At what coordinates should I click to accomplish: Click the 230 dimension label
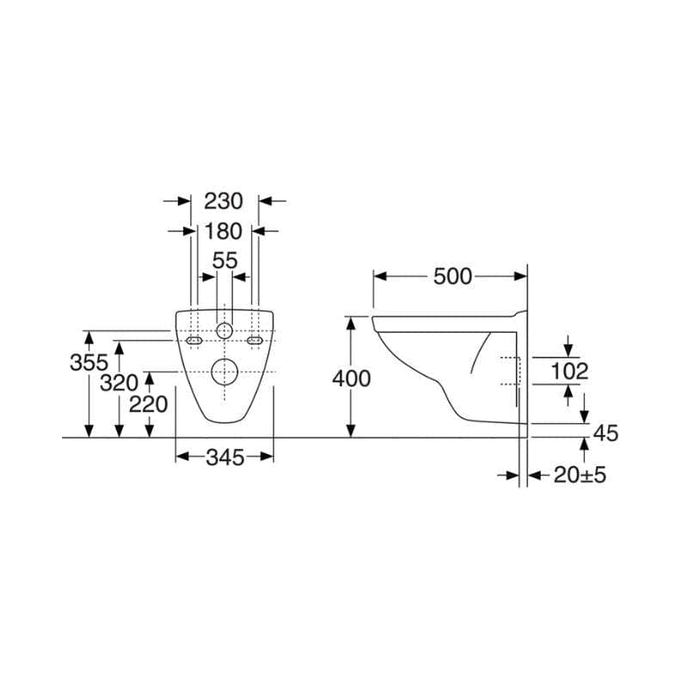tap(224, 201)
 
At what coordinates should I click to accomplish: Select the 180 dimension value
tap(224, 231)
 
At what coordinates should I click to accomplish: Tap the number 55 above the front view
tap(224, 261)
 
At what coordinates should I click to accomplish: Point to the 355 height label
tap(89, 362)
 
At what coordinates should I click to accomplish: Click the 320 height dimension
tap(119, 383)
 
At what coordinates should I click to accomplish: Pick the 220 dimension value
tap(148, 404)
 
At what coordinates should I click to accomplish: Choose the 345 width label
tap(224, 458)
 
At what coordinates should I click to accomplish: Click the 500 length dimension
tap(452, 276)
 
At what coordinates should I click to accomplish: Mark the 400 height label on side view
tap(351, 378)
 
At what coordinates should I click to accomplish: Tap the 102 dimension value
tap(569, 372)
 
